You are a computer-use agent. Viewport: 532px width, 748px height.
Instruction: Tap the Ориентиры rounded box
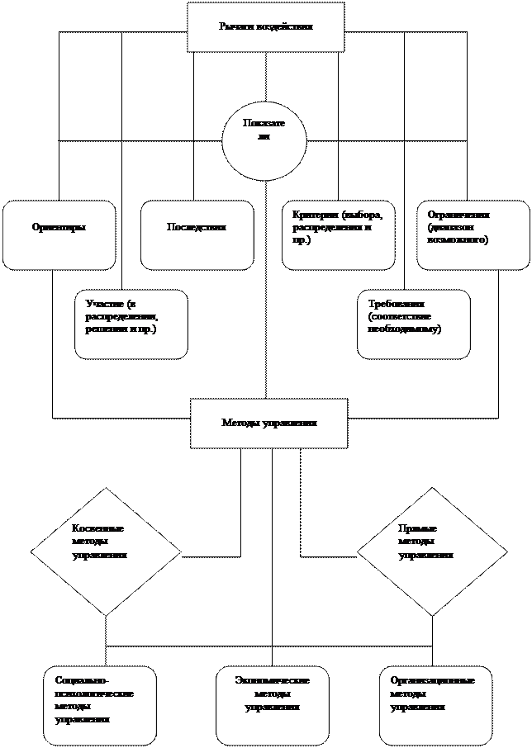[x=59, y=235]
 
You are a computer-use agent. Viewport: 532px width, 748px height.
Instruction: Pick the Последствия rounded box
[x=197, y=235]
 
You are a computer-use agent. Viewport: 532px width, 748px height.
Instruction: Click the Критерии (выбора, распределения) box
[x=338, y=235]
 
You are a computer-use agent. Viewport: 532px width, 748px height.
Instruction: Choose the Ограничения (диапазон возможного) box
[x=473, y=235]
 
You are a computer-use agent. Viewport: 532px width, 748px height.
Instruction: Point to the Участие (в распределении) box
[x=131, y=324]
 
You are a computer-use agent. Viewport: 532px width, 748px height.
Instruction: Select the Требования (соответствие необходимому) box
[x=414, y=324]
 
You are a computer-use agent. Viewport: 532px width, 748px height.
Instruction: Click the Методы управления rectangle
[x=268, y=424]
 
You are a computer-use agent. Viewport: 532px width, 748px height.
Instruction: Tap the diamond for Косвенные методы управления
[x=106, y=551]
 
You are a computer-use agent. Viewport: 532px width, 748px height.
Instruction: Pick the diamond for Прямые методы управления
[x=432, y=551]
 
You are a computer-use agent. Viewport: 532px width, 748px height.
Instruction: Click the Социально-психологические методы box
[x=100, y=705]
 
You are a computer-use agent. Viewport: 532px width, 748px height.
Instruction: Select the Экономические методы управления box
[x=272, y=705]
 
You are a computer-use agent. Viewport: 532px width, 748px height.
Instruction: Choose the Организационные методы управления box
[x=435, y=705]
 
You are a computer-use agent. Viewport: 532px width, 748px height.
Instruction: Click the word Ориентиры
[x=59, y=227]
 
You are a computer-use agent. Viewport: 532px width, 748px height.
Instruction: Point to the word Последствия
[x=197, y=227]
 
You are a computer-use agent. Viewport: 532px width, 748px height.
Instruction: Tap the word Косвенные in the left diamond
[x=98, y=528]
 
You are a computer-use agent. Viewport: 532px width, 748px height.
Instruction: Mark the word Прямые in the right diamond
[x=418, y=528]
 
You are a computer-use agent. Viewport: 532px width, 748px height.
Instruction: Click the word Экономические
[x=273, y=681]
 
